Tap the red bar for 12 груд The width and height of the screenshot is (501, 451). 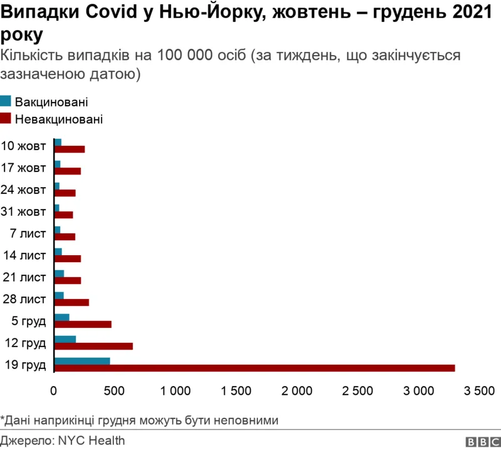pyautogui.click(x=94, y=346)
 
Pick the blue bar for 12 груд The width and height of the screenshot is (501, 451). pyautogui.click(x=65, y=339)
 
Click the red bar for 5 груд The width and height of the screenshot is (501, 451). pyautogui.click(x=83, y=324)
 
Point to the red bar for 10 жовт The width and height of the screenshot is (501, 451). pyautogui.click(x=70, y=149)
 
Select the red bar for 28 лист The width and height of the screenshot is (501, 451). pyautogui.click(x=72, y=302)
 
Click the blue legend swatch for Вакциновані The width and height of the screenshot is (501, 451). pyautogui.click(x=6, y=101)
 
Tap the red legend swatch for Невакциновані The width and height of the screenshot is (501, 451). pyautogui.click(x=6, y=118)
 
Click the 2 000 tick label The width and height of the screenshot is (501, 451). pyautogui.click(x=297, y=392)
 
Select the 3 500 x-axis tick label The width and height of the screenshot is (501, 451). pyautogui.click(x=479, y=392)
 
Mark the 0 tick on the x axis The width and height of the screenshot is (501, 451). pyautogui.click(x=54, y=392)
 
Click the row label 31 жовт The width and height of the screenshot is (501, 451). pyautogui.click(x=24, y=211)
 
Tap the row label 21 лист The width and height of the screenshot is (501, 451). pyautogui.click(x=25, y=276)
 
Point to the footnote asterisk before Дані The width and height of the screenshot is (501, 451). pyautogui.click(x=3, y=418)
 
